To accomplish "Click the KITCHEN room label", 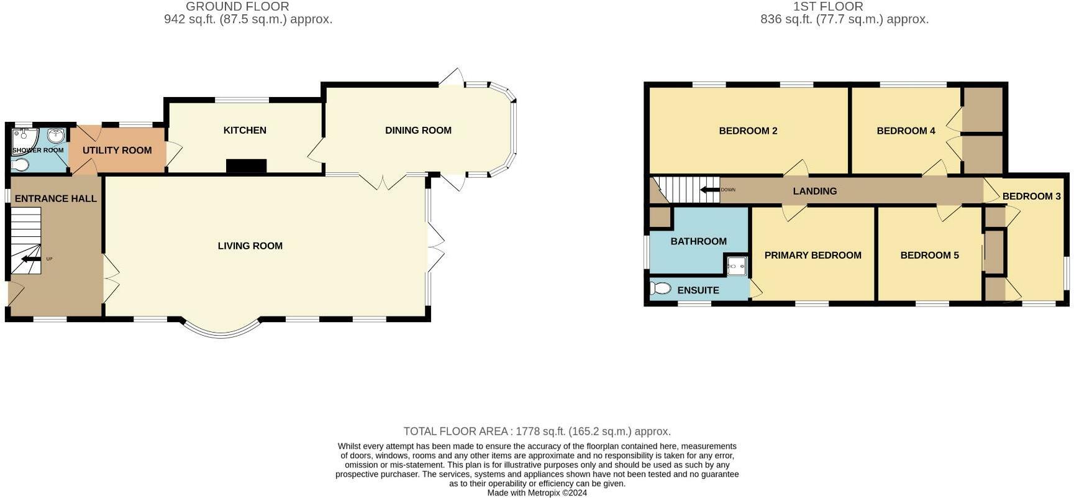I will point(245,130).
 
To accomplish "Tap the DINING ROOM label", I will point(418,130).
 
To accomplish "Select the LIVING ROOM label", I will point(250,246).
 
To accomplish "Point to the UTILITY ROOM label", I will point(117,150).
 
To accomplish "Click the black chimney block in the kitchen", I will point(246,166).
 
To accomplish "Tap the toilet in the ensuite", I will point(662,288).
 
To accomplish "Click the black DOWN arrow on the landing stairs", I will point(710,190).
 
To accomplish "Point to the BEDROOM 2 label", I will point(748,131).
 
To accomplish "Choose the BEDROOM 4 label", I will point(906,131).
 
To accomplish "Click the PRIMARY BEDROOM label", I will point(812,255).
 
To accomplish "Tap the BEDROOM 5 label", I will point(929,255).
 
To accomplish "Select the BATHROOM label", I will point(698,241).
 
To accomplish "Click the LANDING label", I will point(814,191).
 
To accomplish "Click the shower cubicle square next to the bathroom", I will point(737,266).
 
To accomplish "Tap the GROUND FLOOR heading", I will point(237,6).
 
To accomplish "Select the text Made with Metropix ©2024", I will point(537,492).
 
